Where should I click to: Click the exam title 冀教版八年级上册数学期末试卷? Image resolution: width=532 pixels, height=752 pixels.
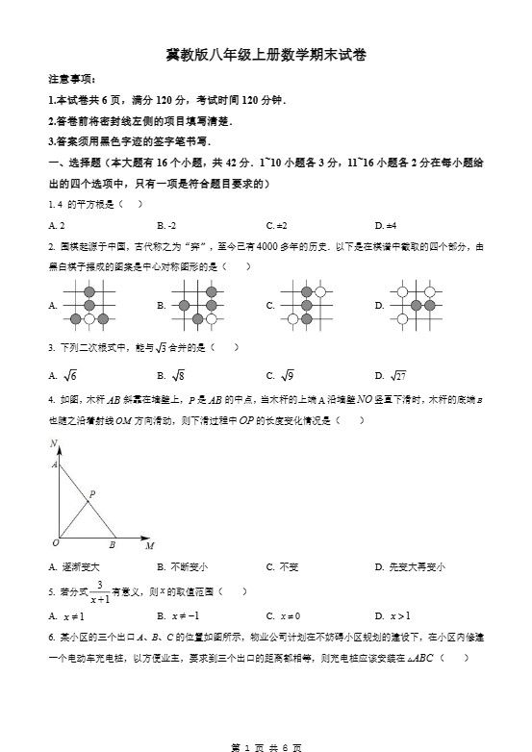click(266, 55)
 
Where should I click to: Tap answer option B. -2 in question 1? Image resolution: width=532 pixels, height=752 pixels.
click(165, 225)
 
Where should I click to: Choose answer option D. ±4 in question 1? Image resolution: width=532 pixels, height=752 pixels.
click(386, 225)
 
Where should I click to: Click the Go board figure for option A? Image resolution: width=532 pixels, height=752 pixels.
click(89, 305)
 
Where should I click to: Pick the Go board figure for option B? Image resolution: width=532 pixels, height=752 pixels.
click(198, 305)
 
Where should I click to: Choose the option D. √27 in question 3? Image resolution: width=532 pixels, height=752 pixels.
click(391, 375)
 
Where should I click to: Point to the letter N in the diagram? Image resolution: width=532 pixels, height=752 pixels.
click(54, 443)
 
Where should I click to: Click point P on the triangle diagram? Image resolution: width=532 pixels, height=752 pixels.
click(91, 496)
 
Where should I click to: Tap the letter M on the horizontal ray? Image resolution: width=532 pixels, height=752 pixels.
click(149, 546)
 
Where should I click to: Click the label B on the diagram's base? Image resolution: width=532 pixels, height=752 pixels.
click(113, 544)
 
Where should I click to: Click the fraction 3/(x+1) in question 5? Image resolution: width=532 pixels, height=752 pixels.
click(99, 591)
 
